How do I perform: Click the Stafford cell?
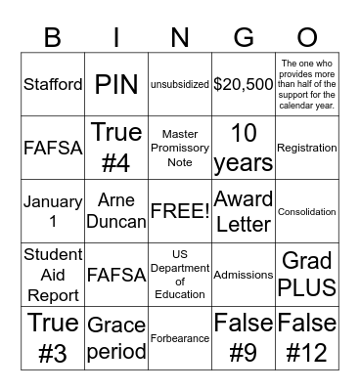(x=53, y=84)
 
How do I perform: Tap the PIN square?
(x=116, y=84)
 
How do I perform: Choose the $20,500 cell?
(x=244, y=84)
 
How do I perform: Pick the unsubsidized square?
(x=180, y=84)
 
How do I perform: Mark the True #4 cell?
(x=116, y=148)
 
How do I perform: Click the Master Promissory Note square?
(x=180, y=148)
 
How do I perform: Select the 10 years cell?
(x=244, y=148)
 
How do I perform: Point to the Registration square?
(x=307, y=148)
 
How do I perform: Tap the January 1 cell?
(x=53, y=211)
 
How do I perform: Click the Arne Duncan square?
(x=116, y=211)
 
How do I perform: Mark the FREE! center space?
(x=180, y=211)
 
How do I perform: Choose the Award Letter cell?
(x=244, y=211)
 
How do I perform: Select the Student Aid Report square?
(x=53, y=275)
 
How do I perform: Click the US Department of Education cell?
(x=180, y=275)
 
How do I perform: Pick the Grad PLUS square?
(x=307, y=275)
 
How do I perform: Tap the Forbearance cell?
(x=180, y=338)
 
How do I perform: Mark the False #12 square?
(x=307, y=338)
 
